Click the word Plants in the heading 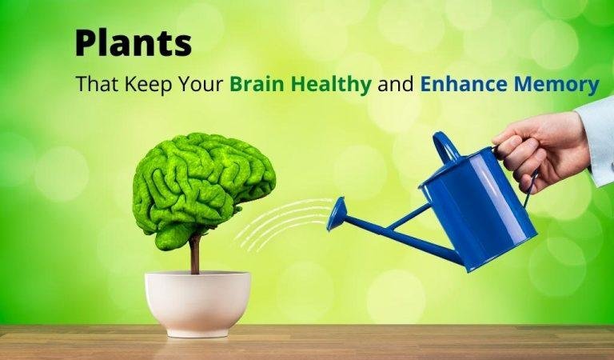click(x=133, y=43)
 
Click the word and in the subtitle click(x=393, y=84)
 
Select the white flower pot click(x=197, y=299)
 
